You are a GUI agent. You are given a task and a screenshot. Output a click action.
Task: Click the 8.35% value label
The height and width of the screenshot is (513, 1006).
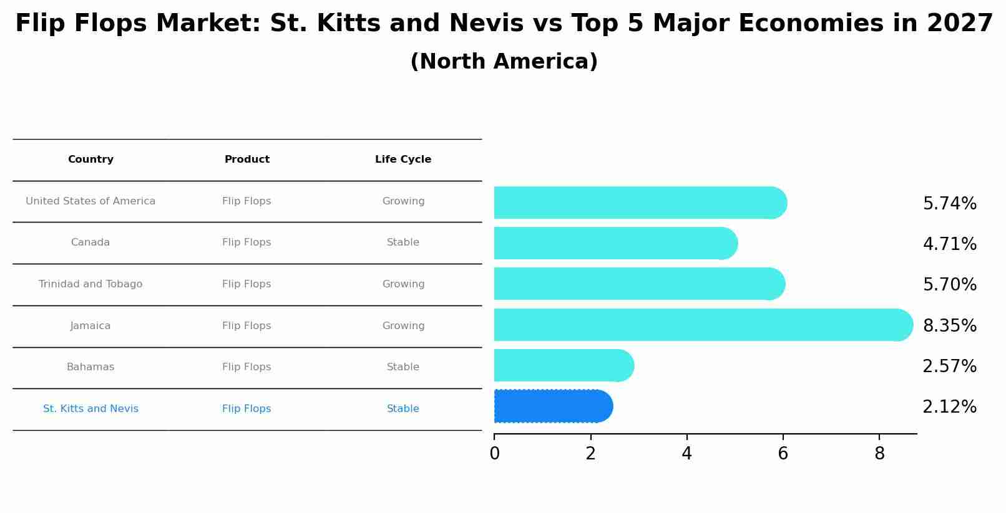point(949,326)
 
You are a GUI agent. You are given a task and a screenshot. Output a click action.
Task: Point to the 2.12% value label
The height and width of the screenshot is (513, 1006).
point(949,407)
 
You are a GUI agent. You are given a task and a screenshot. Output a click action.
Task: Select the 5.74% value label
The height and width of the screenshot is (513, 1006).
point(949,204)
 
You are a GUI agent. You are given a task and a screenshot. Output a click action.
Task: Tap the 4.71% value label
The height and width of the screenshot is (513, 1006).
point(949,244)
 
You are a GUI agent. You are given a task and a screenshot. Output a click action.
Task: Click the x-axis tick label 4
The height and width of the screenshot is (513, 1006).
point(686,454)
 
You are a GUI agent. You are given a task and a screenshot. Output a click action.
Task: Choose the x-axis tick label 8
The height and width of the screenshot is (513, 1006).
point(879,454)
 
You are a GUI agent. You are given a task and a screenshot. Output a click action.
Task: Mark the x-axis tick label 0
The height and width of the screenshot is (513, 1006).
point(494,454)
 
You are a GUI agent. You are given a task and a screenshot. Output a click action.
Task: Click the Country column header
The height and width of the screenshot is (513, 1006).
point(90,160)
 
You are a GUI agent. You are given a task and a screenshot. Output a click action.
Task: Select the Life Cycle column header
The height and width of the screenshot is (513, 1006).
point(403,160)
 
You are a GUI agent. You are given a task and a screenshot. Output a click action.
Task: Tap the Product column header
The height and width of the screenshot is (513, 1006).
point(247,160)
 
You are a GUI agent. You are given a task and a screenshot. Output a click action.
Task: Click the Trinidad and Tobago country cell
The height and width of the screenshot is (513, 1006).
point(90,284)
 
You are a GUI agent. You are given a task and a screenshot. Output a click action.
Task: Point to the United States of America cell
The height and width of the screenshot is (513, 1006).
point(90,201)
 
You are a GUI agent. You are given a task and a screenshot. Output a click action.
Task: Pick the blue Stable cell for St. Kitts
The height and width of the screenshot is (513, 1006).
point(403,409)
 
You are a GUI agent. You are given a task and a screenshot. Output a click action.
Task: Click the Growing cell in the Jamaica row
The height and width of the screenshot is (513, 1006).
point(403,326)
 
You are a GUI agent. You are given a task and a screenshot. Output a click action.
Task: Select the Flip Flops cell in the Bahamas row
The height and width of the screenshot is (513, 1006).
point(247,367)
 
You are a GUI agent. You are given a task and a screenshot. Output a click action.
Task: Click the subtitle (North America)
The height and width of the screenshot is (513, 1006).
point(504,62)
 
